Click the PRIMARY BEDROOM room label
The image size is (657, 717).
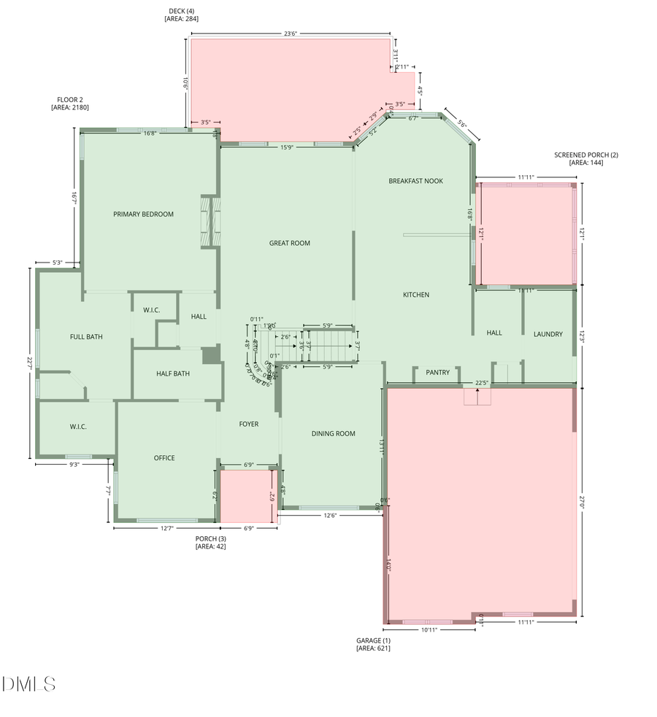(143, 214)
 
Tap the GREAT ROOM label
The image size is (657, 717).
(290, 243)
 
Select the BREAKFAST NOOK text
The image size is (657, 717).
(415, 181)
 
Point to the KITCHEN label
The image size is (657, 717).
(416, 295)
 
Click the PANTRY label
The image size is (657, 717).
(438, 372)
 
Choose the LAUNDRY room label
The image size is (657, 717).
(547, 334)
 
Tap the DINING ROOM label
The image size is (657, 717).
(333, 433)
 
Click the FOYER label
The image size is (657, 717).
(249, 424)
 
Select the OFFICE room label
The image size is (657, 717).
(164, 458)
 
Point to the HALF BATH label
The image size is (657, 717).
(173, 373)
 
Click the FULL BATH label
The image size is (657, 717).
(86, 337)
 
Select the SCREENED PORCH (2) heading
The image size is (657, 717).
(585, 155)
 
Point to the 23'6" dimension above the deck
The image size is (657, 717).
(290, 33)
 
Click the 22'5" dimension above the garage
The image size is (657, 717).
(481, 382)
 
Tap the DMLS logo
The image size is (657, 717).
(28, 684)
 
